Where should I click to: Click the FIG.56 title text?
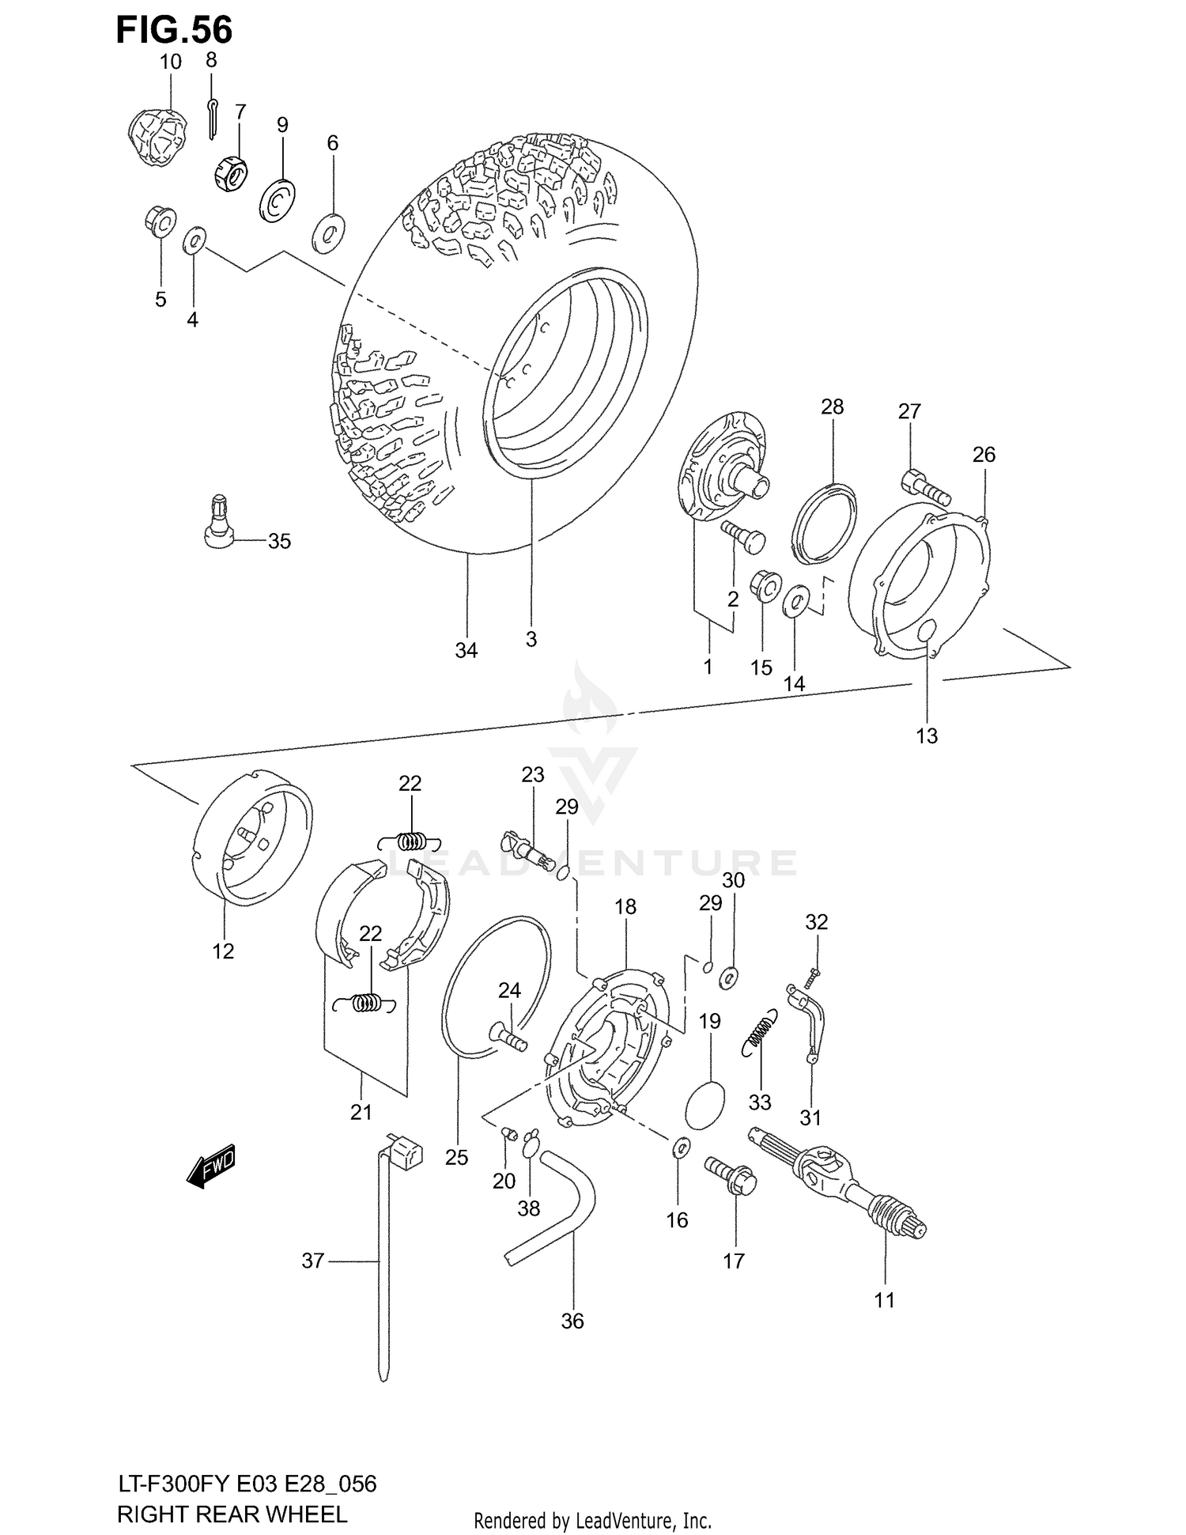click(174, 30)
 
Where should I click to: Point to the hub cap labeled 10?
click(157, 137)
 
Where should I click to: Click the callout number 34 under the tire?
click(466, 650)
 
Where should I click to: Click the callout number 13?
click(927, 735)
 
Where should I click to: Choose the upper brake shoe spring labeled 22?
click(410, 841)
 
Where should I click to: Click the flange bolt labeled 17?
click(732, 1178)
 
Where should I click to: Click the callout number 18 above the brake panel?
click(625, 906)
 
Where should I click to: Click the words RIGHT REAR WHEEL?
click(232, 1514)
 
